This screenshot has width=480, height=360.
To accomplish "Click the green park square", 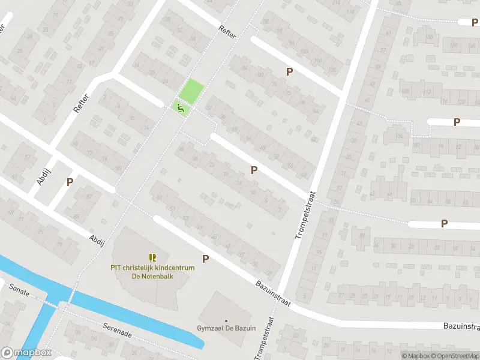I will [192, 91].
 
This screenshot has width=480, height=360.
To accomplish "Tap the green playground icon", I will [179, 108].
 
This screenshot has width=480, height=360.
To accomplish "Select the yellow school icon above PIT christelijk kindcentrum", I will [152, 257].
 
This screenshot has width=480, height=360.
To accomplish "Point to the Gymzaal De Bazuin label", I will [226, 329].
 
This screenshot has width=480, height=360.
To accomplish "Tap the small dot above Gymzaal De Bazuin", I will [226, 320].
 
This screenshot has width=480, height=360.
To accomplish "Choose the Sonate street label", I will [19, 288].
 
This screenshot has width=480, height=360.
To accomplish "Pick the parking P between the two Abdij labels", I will [70, 182].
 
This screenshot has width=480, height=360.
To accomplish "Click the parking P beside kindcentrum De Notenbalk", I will [206, 259].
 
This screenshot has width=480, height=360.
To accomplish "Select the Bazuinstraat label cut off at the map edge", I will [461, 326].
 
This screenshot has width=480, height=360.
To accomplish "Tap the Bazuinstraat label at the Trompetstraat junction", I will [273, 292].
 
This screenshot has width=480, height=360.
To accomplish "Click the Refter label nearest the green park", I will [228, 31].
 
